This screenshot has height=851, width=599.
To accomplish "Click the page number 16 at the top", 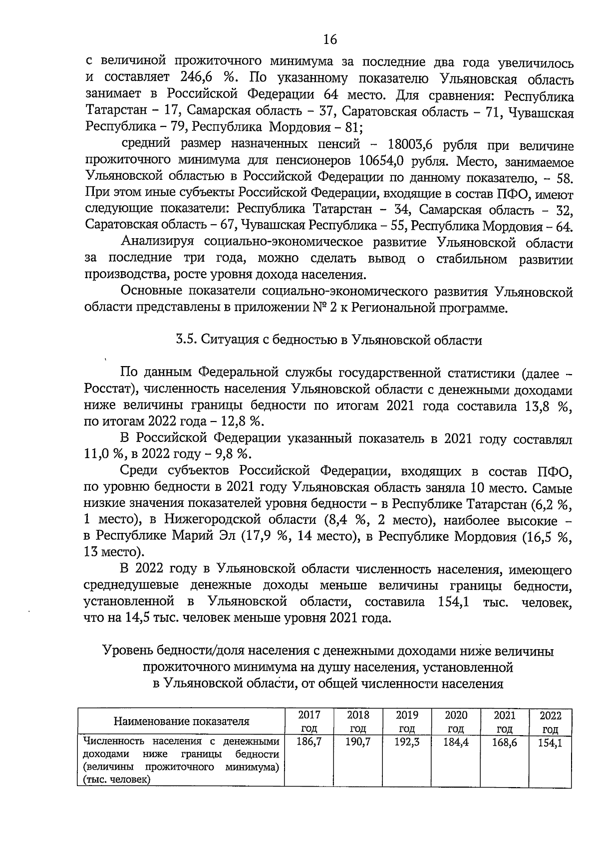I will point(330,39).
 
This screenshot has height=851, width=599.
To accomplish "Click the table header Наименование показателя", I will point(181,721).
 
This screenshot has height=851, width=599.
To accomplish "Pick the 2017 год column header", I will point(309,721).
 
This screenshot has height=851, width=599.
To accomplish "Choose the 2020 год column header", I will point(456,721).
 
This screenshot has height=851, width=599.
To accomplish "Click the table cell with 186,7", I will point(309,742).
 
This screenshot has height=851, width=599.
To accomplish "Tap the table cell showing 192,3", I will point(407,742).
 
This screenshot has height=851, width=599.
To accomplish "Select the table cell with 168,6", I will point(504,742).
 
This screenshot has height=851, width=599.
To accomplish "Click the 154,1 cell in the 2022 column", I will point(550,743).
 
